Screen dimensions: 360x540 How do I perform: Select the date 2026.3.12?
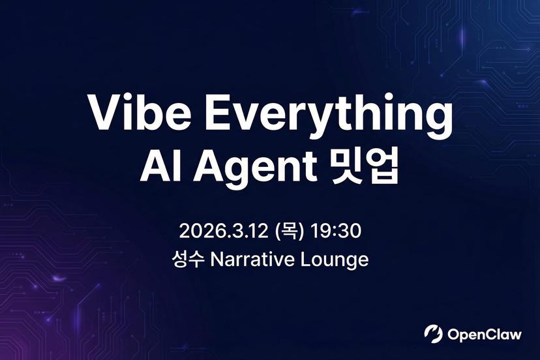(x=224, y=230)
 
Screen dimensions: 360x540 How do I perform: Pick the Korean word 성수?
(x=188, y=260)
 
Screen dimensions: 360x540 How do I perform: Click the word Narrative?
(x=254, y=260)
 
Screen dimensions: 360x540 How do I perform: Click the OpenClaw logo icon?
(x=433, y=334)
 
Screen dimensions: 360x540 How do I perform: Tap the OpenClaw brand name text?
(x=485, y=335)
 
